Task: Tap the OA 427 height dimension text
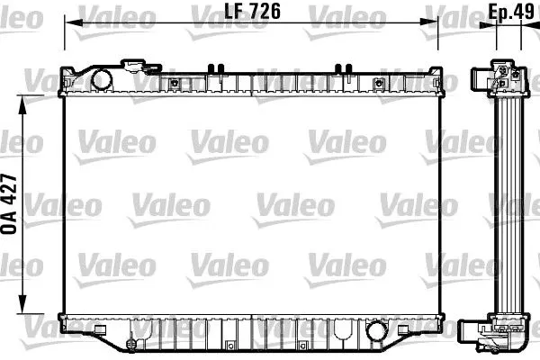pyautogui.click(x=12, y=203)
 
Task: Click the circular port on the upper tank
pyautogui.click(x=101, y=79)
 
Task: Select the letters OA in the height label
pyautogui.click(x=12, y=225)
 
